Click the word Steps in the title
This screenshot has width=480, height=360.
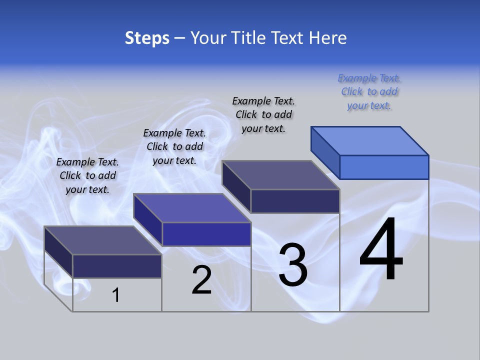tap(147, 38)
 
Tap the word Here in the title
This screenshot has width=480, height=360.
tap(328, 38)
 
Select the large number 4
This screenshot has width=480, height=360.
tap(381, 249)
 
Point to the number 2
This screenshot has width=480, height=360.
tap(201, 280)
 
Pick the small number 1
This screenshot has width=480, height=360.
tap(116, 295)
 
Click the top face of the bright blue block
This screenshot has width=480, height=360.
tap(370, 140)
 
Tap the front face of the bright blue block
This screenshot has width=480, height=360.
tap(384, 167)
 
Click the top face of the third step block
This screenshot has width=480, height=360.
tap(281, 175)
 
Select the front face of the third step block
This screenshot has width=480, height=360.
tap(295, 201)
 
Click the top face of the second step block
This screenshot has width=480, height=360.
tap(192, 208)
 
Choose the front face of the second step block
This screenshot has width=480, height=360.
tap(206, 234)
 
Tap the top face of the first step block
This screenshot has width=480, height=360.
tap(103, 240)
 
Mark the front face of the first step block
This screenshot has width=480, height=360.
tap(117, 266)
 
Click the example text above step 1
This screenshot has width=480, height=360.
tap(87, 175)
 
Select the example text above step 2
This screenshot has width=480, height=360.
tap(174, 146)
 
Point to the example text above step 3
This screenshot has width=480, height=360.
tap(263, 114)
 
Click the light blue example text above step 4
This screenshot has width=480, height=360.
tap(369, 91)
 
